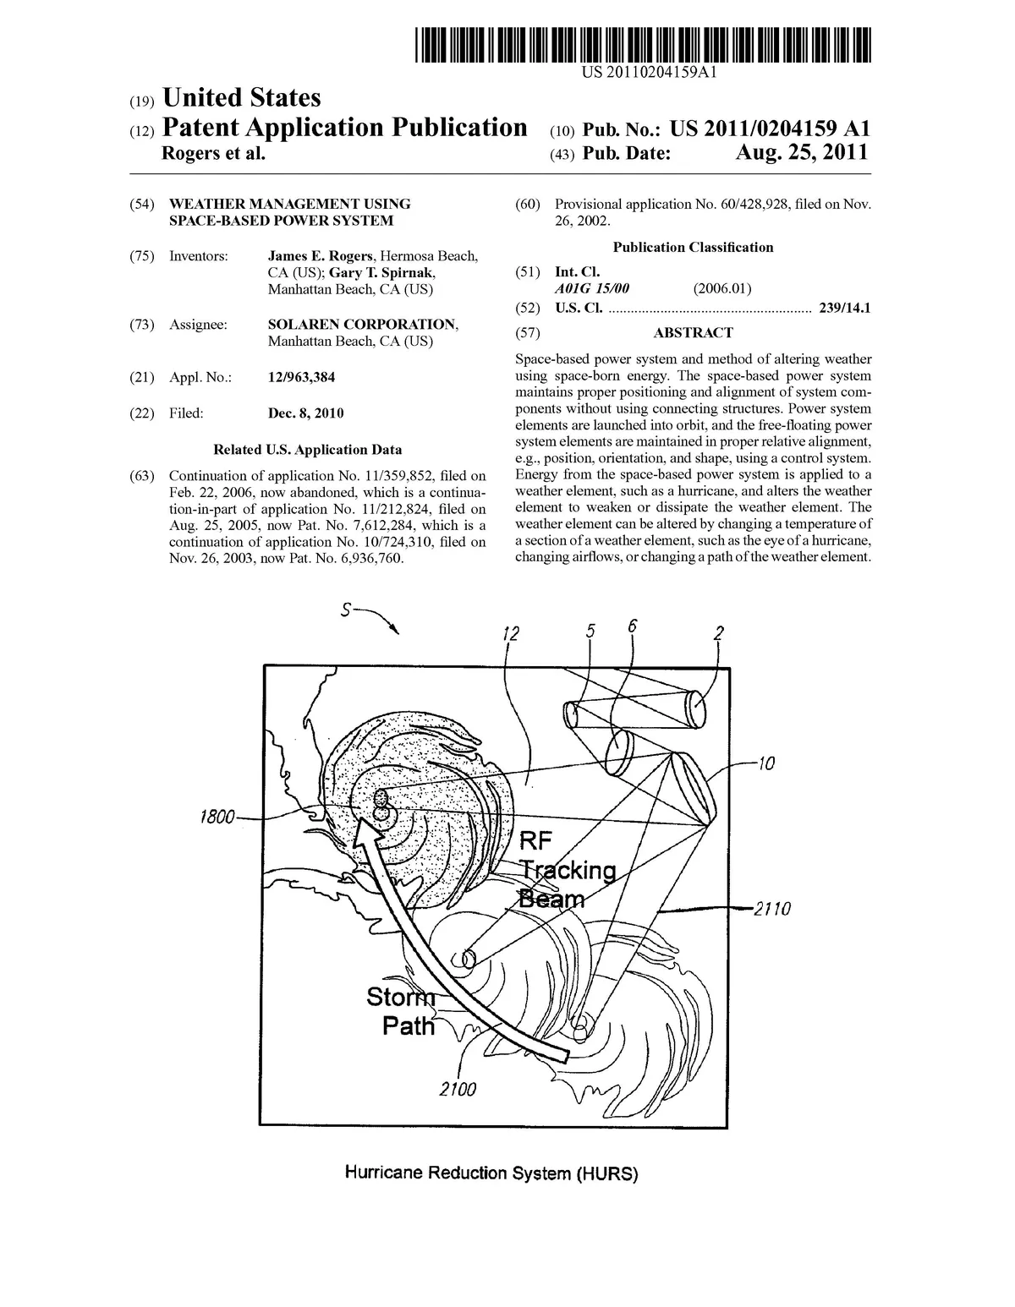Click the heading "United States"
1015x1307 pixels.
click(x=241, y=98)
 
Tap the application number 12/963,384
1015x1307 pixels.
click(x=301, y=377)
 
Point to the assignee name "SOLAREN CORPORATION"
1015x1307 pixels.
click(x=363, y=325)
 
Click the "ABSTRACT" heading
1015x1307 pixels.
click(x=693, y=333)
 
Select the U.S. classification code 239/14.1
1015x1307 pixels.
click(x=845, y=309)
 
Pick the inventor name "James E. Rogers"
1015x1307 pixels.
click(x=320, y=256)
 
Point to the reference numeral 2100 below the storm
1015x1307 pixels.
click(x=458, y=1089)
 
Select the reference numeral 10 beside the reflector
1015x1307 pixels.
click(x=765, y=764)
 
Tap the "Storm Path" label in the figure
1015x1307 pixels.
click(x=403, y=1012)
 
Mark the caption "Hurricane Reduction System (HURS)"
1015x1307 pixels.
click(x=491, y=1173)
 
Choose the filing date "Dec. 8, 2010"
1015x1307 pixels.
click(x=305, y=413)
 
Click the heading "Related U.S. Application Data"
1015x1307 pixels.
click(x=307, y=450)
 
